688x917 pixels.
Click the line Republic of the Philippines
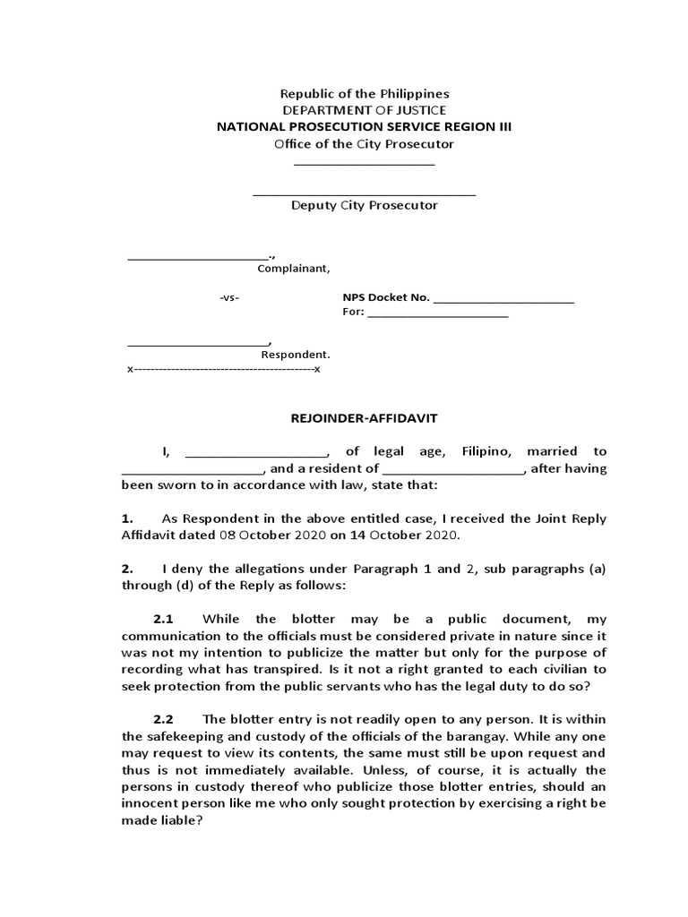(365, 93)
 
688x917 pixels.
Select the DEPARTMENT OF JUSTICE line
(365, 110)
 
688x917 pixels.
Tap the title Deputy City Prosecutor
(365, 205)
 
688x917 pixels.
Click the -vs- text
(229, 297)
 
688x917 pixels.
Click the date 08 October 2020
(261, 535)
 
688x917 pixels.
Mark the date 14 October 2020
(400, 535)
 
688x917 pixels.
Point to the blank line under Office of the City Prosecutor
(365, 164)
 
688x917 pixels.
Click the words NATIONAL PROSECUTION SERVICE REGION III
(365, 127)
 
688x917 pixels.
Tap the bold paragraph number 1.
(126, 518)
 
